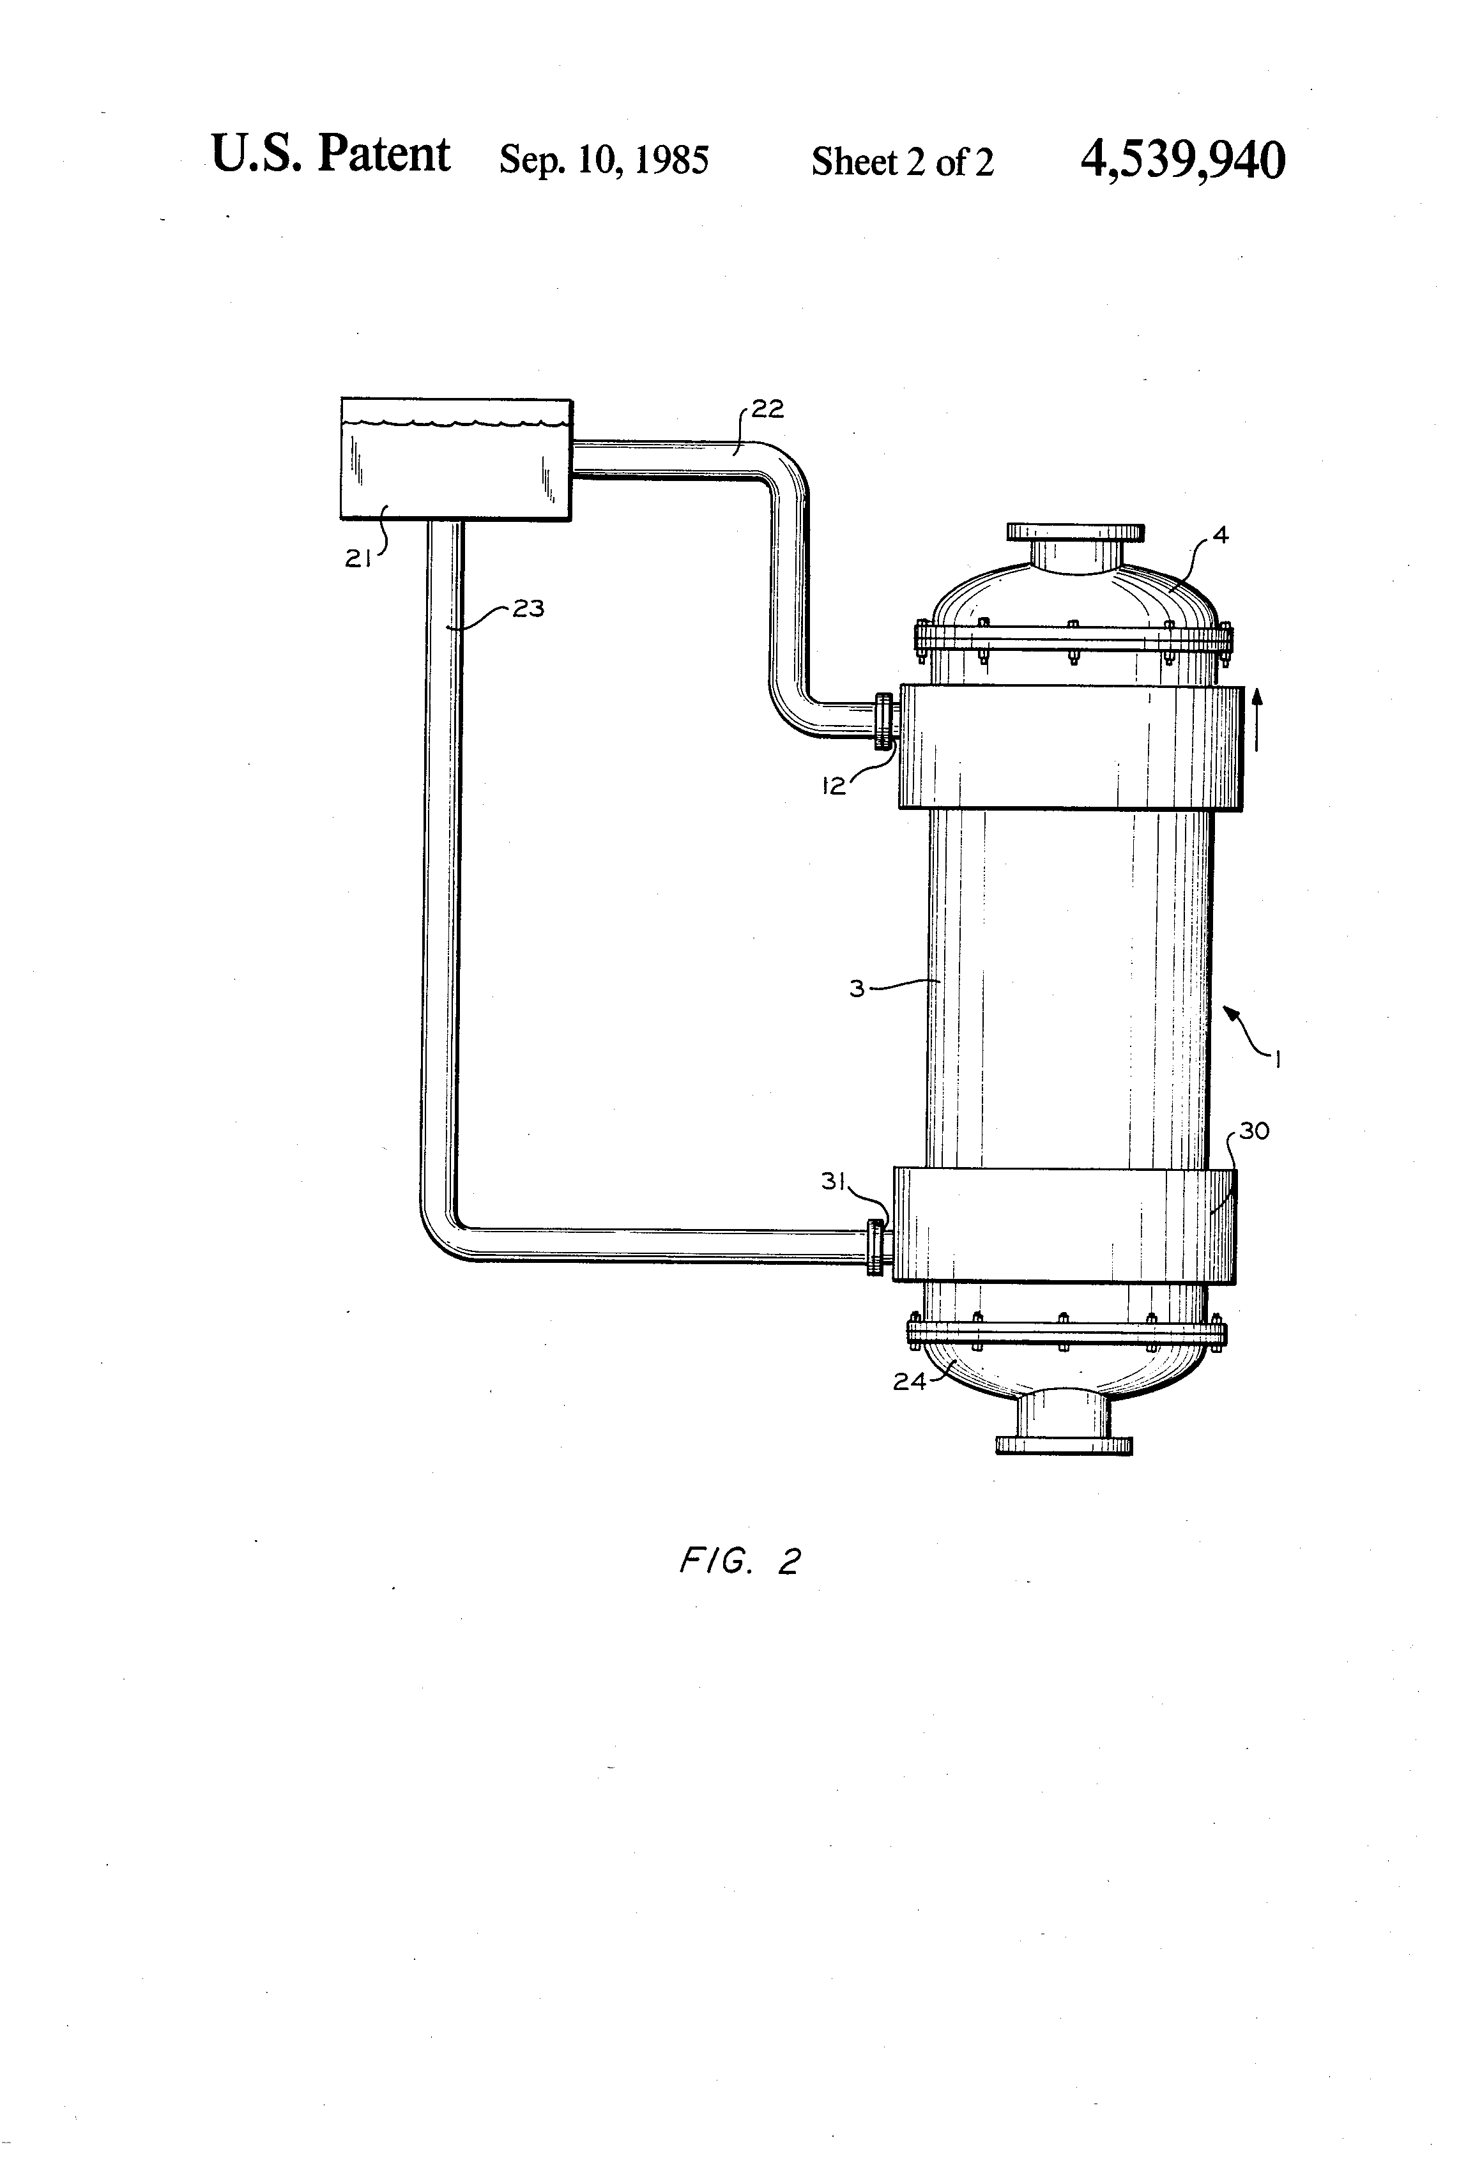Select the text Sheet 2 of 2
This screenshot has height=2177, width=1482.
pos(901,162)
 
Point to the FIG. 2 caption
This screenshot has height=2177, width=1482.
pos(739,1562)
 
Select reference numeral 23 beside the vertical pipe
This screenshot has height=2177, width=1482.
pos(528,609)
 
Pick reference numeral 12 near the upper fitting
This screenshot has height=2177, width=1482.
pos(834,786)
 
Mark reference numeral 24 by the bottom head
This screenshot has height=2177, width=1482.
pos(909,1381)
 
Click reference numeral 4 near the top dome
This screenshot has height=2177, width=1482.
pos(1219,536)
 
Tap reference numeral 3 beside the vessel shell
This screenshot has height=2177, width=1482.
pos(856,988)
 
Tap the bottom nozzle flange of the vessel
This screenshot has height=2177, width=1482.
pos(1063,1446)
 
